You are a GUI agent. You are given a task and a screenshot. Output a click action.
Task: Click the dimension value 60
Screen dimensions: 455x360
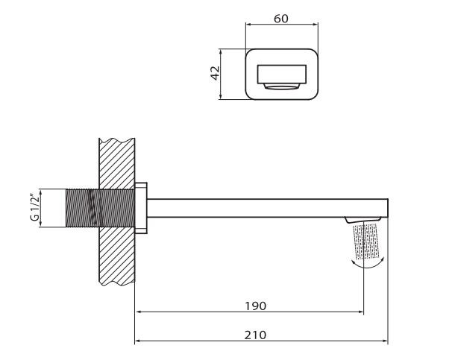tap(281, 19)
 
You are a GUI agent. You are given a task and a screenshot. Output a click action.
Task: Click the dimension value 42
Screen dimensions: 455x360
tap(215, 73)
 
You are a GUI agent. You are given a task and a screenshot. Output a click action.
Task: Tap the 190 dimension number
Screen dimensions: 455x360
tap(255, 306)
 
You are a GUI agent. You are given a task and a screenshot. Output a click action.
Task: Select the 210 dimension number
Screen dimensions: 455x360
tap(255, 335)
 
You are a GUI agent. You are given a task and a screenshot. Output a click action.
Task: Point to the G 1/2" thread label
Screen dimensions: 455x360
tap(34, 207)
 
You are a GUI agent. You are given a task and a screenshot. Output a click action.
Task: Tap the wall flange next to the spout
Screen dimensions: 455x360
tap(141, 208)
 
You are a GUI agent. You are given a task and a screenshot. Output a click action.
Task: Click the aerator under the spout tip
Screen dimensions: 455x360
tap(363, 220)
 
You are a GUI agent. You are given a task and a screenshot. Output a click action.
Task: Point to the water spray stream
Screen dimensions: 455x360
tap(365, 241)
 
